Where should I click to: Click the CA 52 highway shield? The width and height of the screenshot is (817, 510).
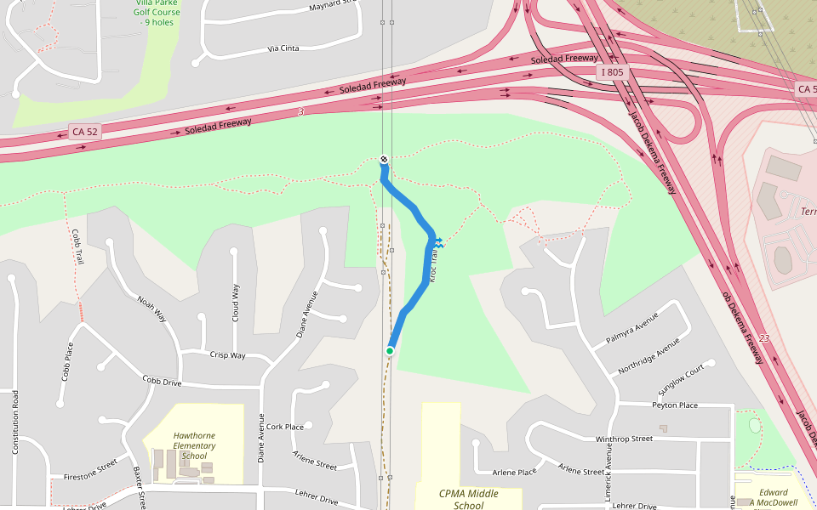click(84, 132)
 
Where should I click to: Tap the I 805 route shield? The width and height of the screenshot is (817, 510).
click(611, 72)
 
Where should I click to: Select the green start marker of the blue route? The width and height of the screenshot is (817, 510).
click(390, 350)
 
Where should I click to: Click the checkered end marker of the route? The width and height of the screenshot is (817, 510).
click(384, 159)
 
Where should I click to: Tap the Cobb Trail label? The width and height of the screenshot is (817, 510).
click(76, 246)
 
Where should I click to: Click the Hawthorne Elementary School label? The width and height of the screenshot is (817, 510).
click(194, 445)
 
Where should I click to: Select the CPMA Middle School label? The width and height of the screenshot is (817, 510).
click(468, 499)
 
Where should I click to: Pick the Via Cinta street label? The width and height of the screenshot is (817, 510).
click(283, 48)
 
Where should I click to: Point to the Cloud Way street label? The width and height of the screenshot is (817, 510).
click(236, 303)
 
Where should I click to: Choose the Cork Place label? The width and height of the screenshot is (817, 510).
click(284, 427)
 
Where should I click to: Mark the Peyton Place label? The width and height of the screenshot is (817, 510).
click(675, 405)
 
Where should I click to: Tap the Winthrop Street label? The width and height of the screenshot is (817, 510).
click(624, 439)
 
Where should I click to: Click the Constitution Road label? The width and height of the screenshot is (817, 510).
click(15, 422)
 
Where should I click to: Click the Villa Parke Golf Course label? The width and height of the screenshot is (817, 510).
click(158, 12)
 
